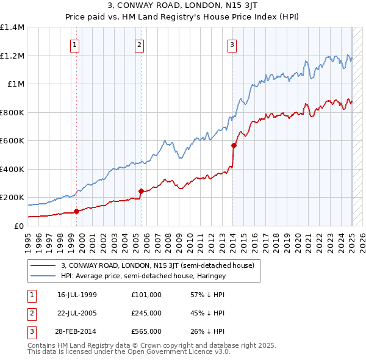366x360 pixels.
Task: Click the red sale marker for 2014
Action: [x=234, y=145]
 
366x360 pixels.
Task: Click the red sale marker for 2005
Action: [x=141, y=191]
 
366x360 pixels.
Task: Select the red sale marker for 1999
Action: [x=77, y=212]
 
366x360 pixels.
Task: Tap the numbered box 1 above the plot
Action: [x=74, y=44]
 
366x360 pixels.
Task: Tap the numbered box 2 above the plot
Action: [x=140, y=44]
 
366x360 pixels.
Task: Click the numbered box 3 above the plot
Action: [x=232, y=44]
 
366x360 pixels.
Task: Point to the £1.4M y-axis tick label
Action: [x=12, y=27]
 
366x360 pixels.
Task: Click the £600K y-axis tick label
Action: [x=12, y=141]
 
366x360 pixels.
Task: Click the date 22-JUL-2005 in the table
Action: [x=77, y=313]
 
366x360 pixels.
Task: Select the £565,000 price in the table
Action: [x=146, y=331]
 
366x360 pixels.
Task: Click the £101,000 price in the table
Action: [x=146, y=295]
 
